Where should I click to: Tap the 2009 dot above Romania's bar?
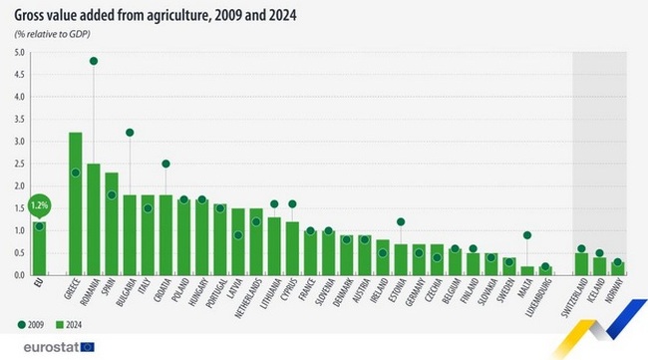coord(93,61)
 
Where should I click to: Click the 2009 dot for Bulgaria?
coord(130,133)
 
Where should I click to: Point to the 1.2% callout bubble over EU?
coord(39,205)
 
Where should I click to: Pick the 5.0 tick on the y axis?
coord(20,52)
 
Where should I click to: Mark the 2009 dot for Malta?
coord(527,235)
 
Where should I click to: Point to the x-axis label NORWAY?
coord(618,291)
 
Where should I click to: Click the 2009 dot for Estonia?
coord(401,221)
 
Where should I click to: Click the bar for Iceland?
coord(600,266)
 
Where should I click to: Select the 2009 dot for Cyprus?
coord(292,204)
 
